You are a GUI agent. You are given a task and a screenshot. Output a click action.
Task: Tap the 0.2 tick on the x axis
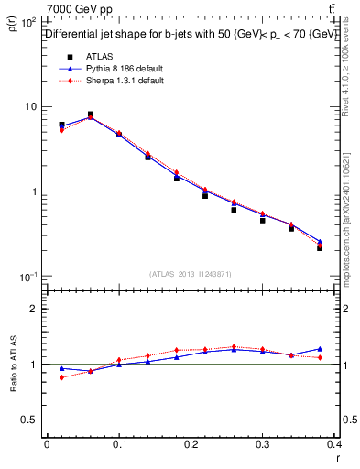(191, 444)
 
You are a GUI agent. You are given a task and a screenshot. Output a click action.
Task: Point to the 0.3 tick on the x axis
(264, 444)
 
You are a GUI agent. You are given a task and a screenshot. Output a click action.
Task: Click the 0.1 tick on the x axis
(118, 444)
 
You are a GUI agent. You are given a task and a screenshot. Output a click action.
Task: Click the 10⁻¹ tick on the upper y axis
(27, 277)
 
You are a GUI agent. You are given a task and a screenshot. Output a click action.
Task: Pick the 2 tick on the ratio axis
(33, 309)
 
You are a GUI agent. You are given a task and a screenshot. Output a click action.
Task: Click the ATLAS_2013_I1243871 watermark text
(191, 275)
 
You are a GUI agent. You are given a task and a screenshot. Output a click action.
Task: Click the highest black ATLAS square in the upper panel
(90, 115)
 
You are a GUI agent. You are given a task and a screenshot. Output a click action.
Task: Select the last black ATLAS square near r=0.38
(320, 247)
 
